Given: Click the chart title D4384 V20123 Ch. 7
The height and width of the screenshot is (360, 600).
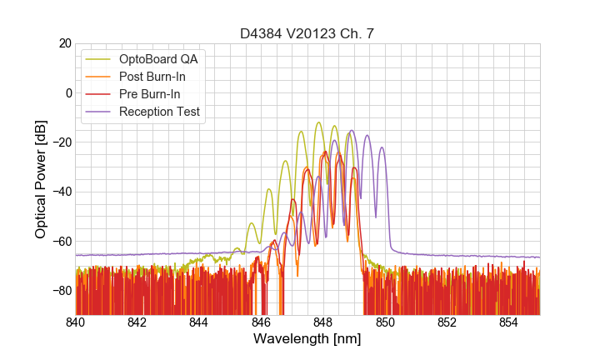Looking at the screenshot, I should pyautogui.click(x=307, y=33).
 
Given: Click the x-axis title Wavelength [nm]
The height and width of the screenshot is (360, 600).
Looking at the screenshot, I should pyautogui.click(x=307, y=339).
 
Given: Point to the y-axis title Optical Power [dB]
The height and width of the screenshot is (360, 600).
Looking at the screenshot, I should pyautogui.click(x=41, y=178).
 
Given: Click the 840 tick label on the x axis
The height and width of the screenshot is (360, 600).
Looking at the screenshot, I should pyautogui.click(x=76, y=322).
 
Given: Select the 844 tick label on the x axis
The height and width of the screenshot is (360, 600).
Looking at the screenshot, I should pyautogui.click(x=199, y=322).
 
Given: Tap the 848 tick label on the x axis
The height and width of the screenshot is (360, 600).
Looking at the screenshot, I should pyautogui.click(x=323, y=322).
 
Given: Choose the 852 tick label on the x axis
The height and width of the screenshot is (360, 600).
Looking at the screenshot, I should pyautogui.click(x=447, y=322).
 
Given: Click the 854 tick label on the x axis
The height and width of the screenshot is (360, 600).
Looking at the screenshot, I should pyautogui.click(x=508, y=322).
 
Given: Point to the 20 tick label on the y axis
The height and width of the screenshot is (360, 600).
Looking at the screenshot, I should pyautogui.click(x=63, y=43).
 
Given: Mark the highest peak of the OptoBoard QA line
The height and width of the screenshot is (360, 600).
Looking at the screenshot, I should pyautogui.click(x=318, y=122).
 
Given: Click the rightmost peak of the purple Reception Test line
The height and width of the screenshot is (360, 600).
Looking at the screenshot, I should pyautogui.click(x=382, y=147).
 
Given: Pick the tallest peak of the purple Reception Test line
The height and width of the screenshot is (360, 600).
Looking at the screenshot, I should pyautogui.click(x=351, y=131).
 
